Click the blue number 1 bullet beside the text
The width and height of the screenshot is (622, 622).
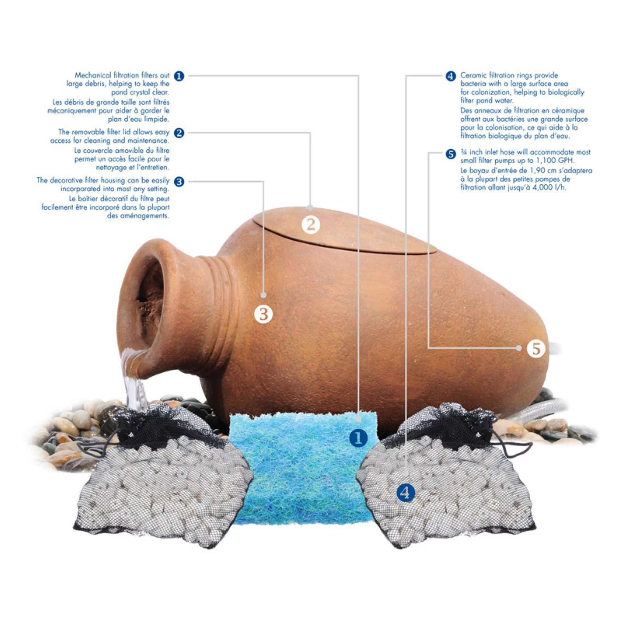(179, 76)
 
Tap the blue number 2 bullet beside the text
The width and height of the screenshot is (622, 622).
(179, 133)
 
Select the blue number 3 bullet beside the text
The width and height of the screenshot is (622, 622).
(179, 181)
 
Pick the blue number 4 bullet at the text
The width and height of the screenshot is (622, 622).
(451, 76)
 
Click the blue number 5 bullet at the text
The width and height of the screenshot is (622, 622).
(451, 154)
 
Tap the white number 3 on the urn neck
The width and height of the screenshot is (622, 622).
(264, 314)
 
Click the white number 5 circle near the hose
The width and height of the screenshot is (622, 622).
(536, 348)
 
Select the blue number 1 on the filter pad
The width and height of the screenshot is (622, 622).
(358, 438)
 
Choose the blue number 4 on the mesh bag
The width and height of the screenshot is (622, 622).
(405, 493)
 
